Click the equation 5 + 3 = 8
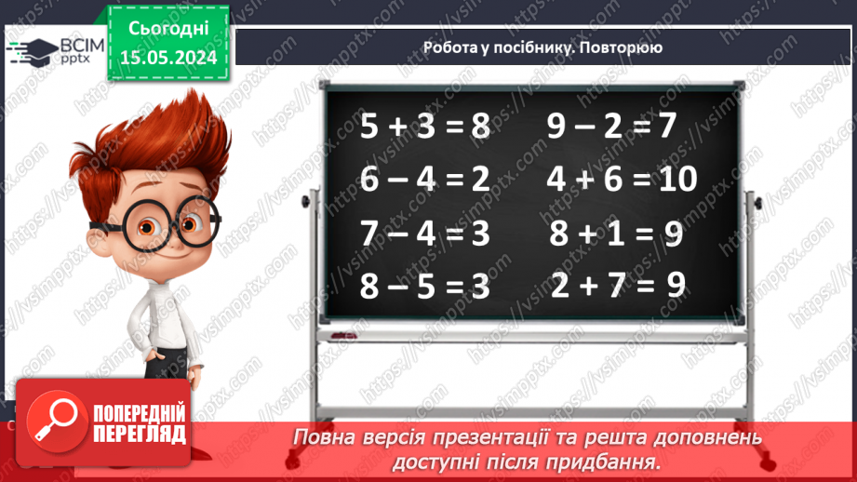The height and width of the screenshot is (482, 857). tap(424, 127)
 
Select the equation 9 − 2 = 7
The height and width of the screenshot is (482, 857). tap(610, 127)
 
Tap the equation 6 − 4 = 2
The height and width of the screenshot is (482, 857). tap(424, 179)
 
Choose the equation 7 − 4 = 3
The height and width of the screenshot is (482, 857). tap(424, 234)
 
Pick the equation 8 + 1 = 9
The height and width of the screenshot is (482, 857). tap(616, 234)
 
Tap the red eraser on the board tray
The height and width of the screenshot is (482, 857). tap(343, 332)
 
